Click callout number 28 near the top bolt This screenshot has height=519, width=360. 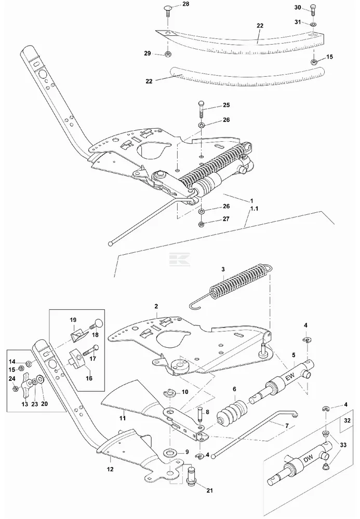[185, 4]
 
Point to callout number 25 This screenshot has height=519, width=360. [226, 105]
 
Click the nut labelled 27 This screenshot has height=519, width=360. [201, 224]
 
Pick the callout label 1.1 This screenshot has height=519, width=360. [254, 209]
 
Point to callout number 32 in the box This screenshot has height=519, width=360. [347, 421]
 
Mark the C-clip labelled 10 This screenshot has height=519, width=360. [169, 392]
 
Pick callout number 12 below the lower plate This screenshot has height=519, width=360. [110, 469]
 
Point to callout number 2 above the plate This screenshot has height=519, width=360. [156, 306]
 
